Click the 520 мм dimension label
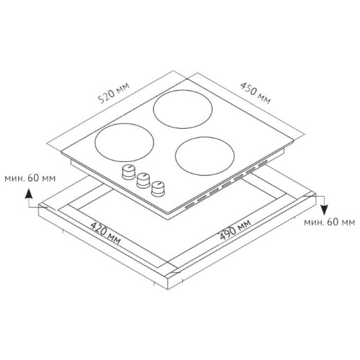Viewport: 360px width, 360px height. (114, 93)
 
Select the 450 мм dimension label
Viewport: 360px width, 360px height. (256, 94)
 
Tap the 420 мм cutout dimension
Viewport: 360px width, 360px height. (105, 233)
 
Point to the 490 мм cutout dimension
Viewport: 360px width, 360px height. (235, 230)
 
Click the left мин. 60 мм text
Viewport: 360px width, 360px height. (30, 179)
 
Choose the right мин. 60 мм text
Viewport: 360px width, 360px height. (329, 222)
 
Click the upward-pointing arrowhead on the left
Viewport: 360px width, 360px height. (29, 194)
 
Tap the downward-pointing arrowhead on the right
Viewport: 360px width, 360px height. (324, 210)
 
